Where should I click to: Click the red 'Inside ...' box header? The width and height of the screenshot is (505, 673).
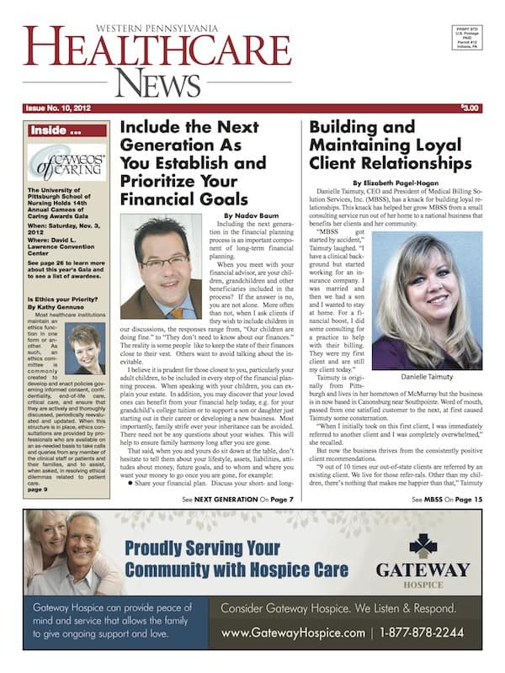[x=66, y=130]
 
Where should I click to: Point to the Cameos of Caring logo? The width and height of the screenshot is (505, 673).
[x=66, y=162]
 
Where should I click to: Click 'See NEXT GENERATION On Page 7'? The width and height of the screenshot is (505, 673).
[x=237, y=499]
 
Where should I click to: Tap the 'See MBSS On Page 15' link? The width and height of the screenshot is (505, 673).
[x=447, y=499]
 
